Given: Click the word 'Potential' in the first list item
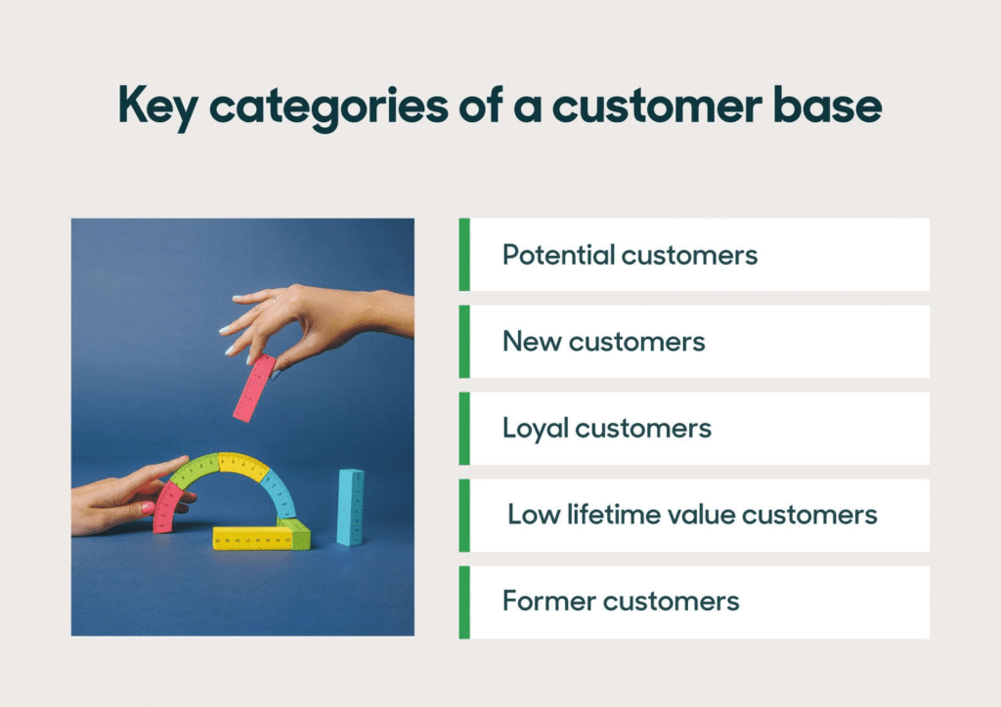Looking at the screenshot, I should coord(558,255).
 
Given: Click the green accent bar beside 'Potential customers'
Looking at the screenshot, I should coord(464,255).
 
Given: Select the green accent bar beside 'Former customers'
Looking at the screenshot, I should coord(464,602).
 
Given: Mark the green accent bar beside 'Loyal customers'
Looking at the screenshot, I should coord(464,429).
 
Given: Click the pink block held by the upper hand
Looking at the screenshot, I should coord(254,388).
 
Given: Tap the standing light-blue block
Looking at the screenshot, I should coord(350,506).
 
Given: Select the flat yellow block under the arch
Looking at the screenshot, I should coord(248,538).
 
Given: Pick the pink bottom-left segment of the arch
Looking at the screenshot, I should coord(168,507).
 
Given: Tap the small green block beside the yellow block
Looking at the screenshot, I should coord(297,532).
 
